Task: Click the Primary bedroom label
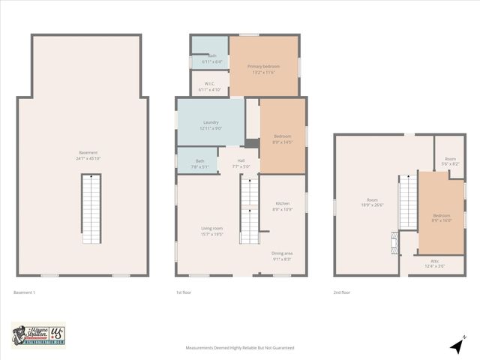coord(263,67)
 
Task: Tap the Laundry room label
coord(210,122)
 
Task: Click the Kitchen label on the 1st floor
coord(282,203)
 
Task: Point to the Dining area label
coord(282,253)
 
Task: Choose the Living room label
coord(211,228)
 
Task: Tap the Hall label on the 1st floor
coord(241,160)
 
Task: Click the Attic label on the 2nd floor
coord(435,261)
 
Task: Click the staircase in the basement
coord(91,208)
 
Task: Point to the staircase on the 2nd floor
coord(408,202)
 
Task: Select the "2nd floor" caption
coord(342,292)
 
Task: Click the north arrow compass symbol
coord(456,346)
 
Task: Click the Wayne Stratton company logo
coord(38,335)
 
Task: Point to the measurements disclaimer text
coord(240,348)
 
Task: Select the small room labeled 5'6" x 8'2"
coord(450,159)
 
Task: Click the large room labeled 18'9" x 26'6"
coord(372,202)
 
